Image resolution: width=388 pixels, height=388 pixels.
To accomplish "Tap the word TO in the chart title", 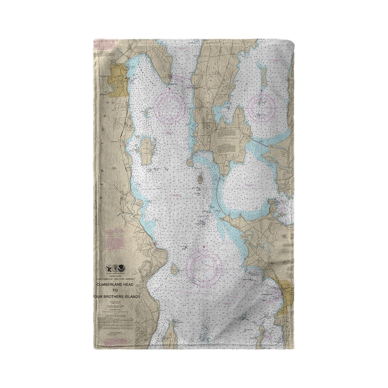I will coord(115,291).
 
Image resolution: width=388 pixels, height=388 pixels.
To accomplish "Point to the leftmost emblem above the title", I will coord(109,268).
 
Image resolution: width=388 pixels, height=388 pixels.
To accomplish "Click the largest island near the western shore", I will coord(146,151).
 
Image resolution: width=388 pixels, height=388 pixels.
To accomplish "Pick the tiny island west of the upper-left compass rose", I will coord(146,114).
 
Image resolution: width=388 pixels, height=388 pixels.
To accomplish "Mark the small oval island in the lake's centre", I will coord(200,180).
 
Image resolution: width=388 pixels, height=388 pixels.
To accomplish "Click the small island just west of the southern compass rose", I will coord(175,269).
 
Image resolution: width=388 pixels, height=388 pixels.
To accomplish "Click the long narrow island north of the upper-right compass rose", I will coord(264,76).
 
